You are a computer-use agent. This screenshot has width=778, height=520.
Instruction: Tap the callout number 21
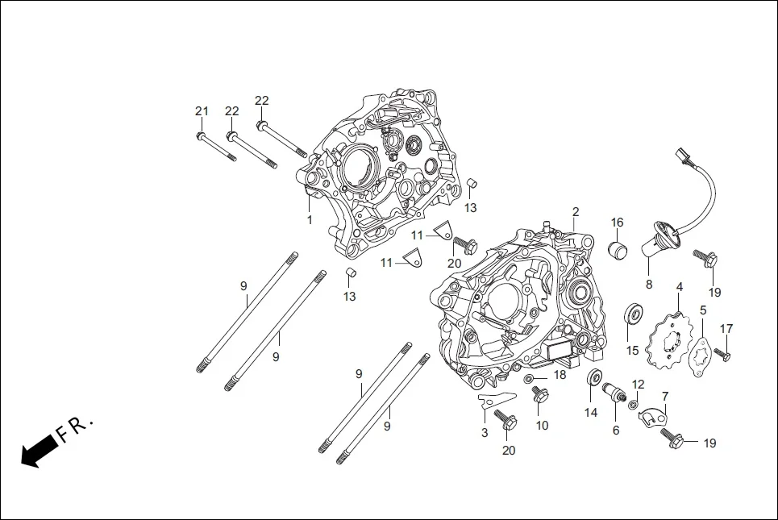click(202, 110)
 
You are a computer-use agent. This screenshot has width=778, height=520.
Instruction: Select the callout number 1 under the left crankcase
click(309, 219)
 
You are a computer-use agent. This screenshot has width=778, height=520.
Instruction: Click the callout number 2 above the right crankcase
click(576, 212)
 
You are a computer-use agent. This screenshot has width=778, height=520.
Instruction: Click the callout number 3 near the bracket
click(485, 433)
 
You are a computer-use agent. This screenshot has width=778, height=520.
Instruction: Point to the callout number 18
click(560, 375)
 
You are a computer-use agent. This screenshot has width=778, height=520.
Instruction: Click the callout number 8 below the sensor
click(649, 284)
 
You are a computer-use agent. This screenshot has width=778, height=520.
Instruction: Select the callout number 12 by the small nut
click(639, 384)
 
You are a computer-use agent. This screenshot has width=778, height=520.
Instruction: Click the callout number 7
click(665, 396)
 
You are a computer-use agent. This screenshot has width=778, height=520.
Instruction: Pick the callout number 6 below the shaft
click(616, 431)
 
